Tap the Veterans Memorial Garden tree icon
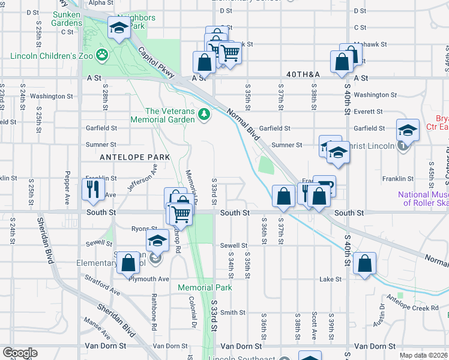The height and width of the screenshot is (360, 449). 204,113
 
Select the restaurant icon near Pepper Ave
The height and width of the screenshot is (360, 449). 92,189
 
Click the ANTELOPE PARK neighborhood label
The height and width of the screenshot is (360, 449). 136,157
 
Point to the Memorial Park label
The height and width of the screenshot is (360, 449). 205,288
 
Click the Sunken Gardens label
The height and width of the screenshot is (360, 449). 67,19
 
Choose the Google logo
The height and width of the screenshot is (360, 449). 20,353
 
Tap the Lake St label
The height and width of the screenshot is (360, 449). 330,279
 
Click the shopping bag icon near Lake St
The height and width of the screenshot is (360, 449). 365,263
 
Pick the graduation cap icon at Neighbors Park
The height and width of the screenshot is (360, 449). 119,28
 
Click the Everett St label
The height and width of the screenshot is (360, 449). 368,112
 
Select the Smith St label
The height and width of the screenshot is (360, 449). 232,312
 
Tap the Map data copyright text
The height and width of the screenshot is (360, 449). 424,355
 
